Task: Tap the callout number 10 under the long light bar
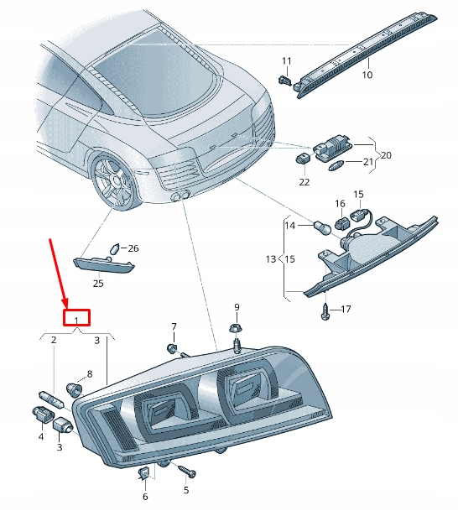(366, 76)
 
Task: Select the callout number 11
(286, 60)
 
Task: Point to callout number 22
(304, 181)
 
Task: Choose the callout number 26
(133, 248)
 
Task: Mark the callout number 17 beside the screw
(345, 310)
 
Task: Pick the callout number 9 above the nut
(237, 307)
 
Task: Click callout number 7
(174, 326)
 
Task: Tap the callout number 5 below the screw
(186, 490)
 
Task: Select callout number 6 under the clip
(144, 497)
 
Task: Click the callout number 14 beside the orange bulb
(290, 225)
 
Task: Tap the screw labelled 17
(325, 310)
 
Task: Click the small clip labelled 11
(285, 81)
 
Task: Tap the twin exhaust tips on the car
(178, 196)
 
